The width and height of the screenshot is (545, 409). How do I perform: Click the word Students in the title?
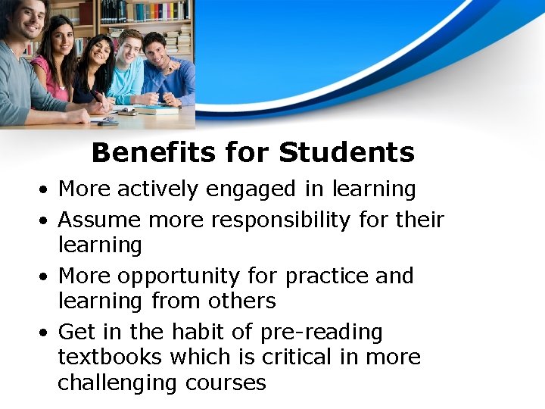347,153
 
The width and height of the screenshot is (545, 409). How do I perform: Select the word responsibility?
280,220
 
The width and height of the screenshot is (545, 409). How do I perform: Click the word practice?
326,276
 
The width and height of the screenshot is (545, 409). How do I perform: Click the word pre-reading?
321,333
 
